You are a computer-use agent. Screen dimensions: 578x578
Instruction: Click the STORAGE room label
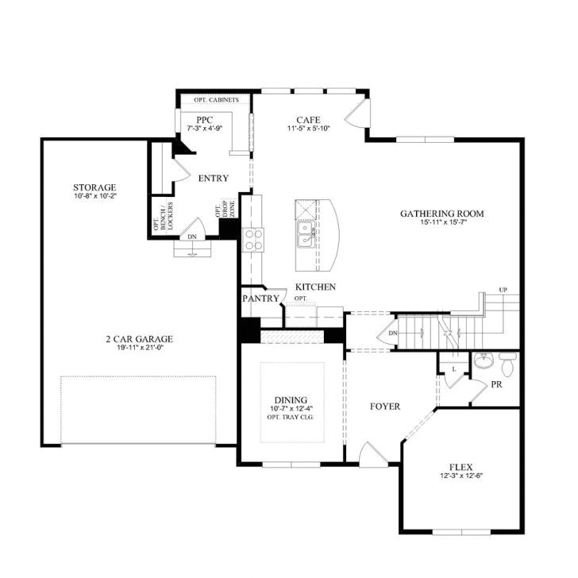click(94, 187)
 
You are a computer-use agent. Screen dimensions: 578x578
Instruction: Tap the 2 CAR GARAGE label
click(139, 338)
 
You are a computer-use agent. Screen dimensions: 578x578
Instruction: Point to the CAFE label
click(308, 120)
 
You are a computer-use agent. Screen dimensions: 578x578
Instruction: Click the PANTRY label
click(261, 299)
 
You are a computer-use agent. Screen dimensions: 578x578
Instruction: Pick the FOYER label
click(385, 407)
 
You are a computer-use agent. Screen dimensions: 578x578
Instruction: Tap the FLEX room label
click(460, 467)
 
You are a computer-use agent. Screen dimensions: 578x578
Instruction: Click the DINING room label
click(291, 400)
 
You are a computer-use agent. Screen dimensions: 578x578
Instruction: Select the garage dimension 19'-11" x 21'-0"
click(139, 347)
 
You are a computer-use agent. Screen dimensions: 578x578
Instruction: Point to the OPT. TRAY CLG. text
click(291, 418)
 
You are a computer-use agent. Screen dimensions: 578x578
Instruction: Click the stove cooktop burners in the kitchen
click(253, 239)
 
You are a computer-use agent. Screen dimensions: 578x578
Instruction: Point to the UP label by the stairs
click(503, 289)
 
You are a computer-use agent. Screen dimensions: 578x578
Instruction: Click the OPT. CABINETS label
click(217, 101)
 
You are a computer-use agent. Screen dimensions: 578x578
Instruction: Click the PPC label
click(205, 119)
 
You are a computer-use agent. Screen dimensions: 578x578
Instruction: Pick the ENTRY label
click(214, 179)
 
